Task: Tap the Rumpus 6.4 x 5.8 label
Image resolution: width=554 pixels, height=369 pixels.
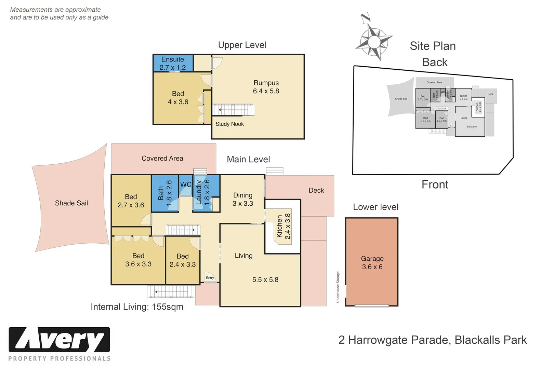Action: pos(266,87)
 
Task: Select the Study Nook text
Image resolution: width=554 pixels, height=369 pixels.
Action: pos(229,124)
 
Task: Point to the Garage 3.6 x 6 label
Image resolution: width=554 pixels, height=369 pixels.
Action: pos(372,263)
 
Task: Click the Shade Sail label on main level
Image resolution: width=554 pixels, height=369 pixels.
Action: pos(71,203)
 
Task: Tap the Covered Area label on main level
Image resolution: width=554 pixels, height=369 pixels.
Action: pos(162,159)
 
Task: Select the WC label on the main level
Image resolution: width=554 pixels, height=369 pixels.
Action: pos(186,184)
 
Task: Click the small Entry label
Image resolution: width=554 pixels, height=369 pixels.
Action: pos(210,278)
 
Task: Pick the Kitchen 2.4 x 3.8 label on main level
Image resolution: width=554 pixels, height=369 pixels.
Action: pos(283,226)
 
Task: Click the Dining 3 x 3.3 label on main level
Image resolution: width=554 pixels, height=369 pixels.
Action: pos(243,199)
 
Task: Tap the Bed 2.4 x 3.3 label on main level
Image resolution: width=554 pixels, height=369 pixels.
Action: pos(183,260)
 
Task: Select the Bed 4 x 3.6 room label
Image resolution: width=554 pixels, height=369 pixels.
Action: pos(178,98)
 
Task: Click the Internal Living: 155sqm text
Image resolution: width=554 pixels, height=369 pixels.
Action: pos(137,307)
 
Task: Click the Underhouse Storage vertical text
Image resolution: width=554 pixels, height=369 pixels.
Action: pos(338,287)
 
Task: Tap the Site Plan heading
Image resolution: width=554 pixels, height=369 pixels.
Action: pos(433,46)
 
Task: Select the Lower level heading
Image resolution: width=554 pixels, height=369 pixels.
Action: pos(375,207)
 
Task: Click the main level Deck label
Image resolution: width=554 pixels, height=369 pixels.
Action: pos(316,191)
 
